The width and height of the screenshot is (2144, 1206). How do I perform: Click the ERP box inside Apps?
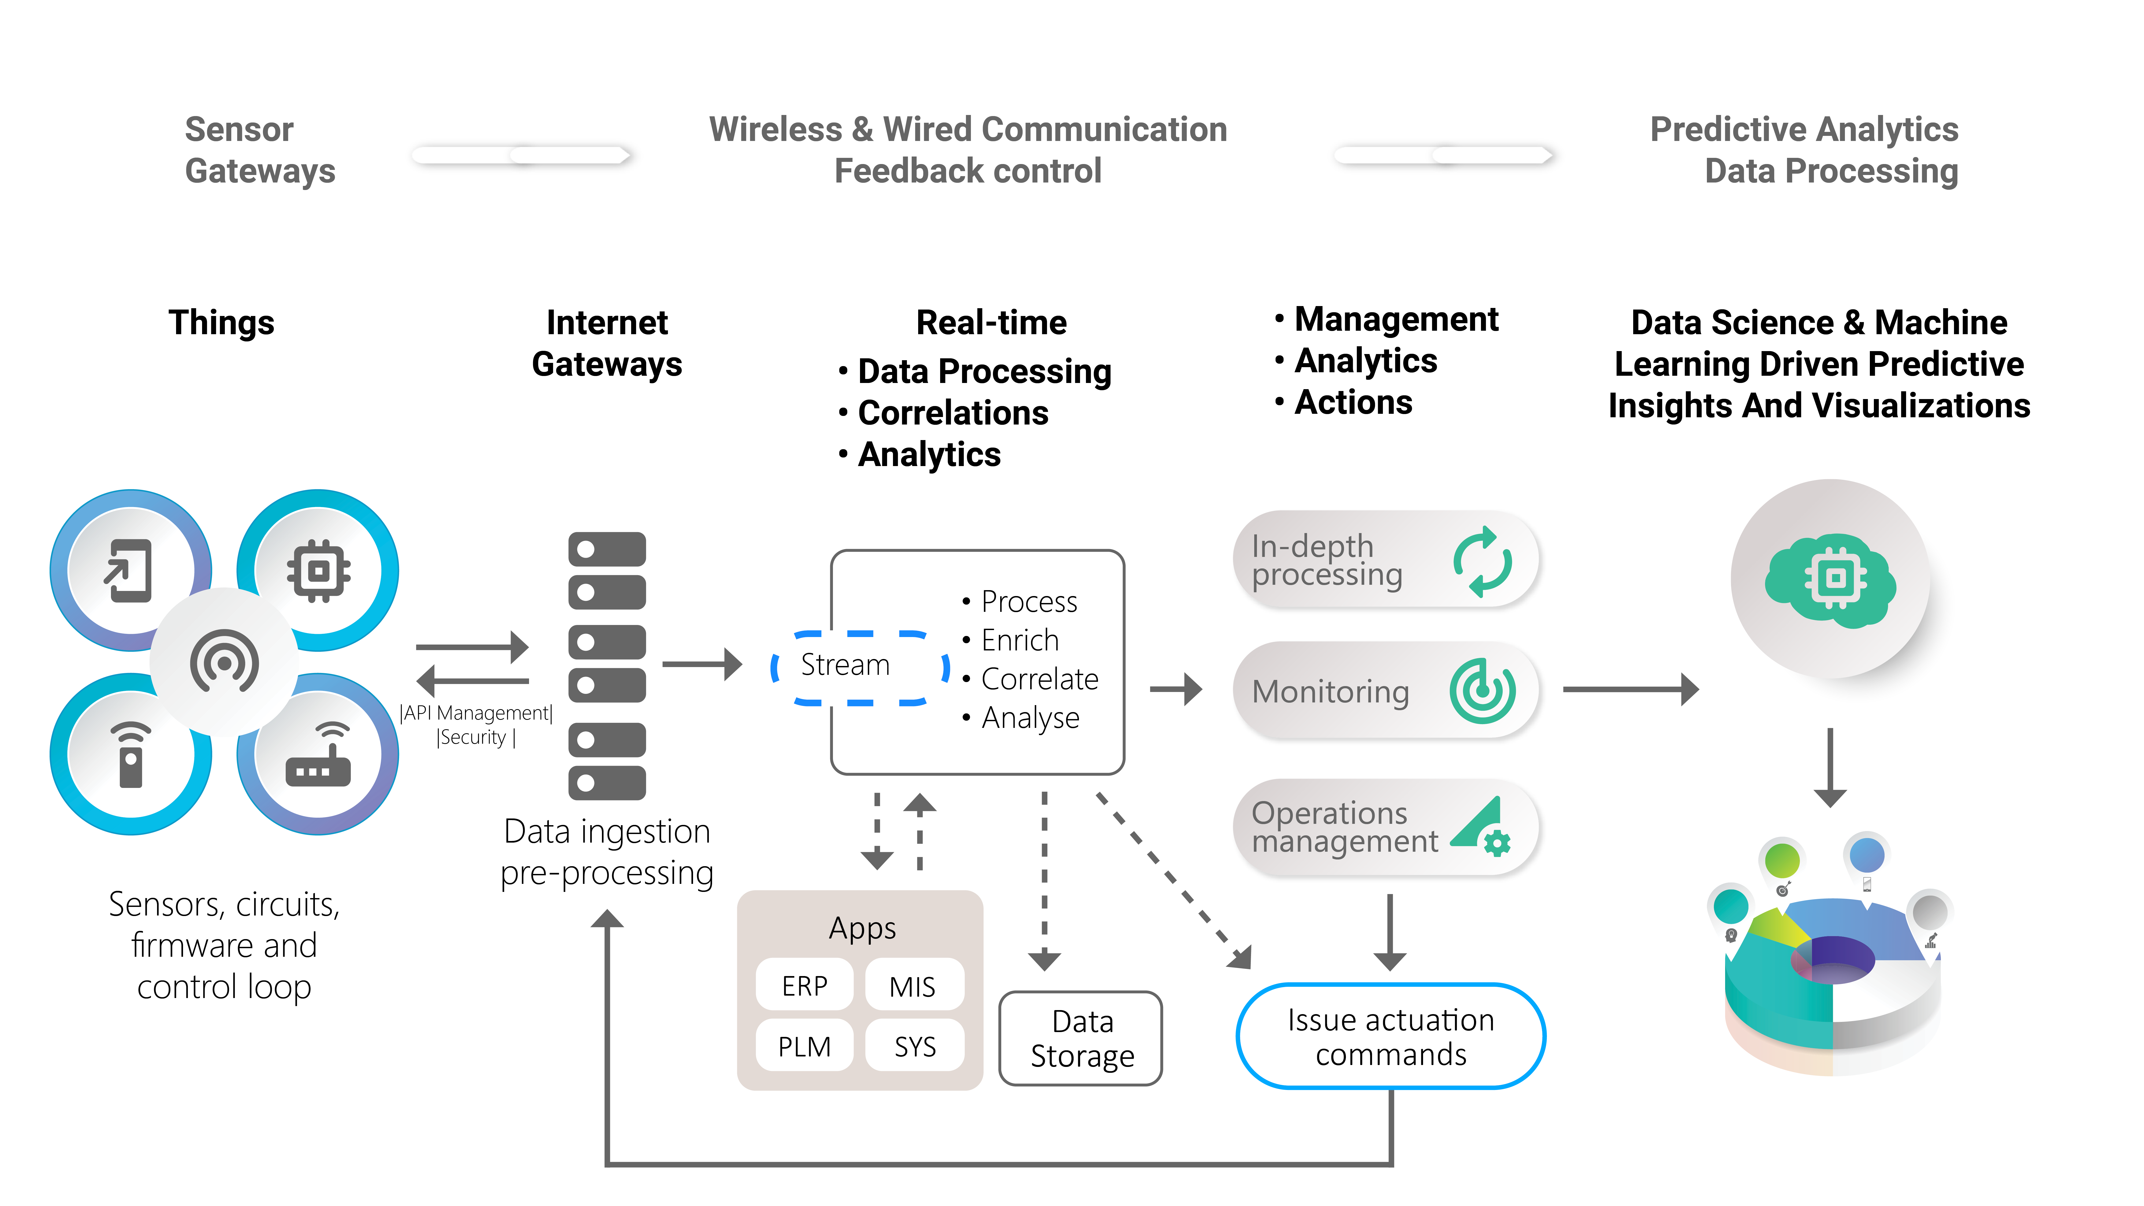pyautogui.click(x=804, y=985)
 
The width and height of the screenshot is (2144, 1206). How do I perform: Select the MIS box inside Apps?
pyautogui.click(x=913, y=985)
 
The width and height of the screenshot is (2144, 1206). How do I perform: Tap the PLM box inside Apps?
pyautogui.click(x=804, y=1045)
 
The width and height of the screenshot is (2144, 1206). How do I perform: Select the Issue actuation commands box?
pyautogui.click(x=1390, y=1036)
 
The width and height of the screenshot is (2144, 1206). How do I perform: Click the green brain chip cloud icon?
pyautogui.click(x=1830, y=580)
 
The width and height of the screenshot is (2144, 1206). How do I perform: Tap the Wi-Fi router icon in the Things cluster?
pyautogui.click(x=318, y=755)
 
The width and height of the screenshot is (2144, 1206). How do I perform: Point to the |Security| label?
pyautogui.click(x=475, y=738)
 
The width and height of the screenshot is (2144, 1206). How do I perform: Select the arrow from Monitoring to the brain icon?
pyautogui.click(x=1630, y=689)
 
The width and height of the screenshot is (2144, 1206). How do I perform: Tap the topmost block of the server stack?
pyautogui.click(x=607, y=549)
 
